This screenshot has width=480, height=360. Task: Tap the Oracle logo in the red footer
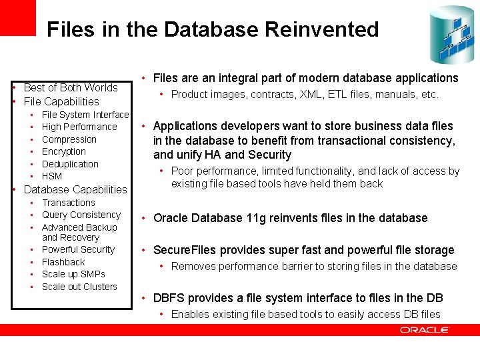[x=425, y=329]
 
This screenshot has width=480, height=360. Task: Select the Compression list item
[x=69, y=139]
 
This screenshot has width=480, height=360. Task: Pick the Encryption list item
[x=64, y=151]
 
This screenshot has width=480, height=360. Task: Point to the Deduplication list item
[x=70, y=164]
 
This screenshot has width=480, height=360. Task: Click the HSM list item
[x=52, y=176]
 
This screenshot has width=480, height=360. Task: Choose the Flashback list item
[x=63, y=262]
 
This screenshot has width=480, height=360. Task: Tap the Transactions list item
[x=69, y=203]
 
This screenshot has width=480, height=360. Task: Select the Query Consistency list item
[x=81, y=215]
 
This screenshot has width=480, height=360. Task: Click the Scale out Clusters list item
[x=79, y=287]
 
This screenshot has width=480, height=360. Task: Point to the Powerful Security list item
[x=78, y=249]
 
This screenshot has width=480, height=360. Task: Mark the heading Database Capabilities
[x=75, y=189]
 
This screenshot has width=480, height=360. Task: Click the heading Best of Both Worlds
[x=71, y=87]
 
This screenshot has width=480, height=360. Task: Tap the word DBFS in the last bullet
[x=170, y=298]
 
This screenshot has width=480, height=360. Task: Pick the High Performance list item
[x=79, y=127]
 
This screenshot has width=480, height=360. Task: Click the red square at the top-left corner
[x=18, y=17]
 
